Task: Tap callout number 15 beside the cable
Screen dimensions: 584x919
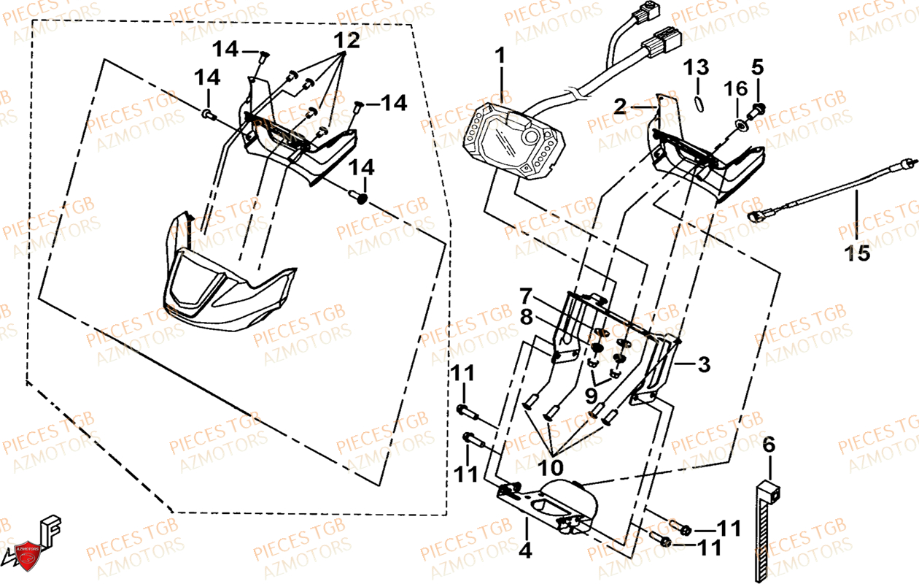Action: point(858,253)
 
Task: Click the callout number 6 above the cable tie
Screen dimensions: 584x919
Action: point(769,444)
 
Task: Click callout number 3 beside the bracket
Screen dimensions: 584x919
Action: point(703,364)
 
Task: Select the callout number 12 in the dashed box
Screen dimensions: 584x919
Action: point(348,41)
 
